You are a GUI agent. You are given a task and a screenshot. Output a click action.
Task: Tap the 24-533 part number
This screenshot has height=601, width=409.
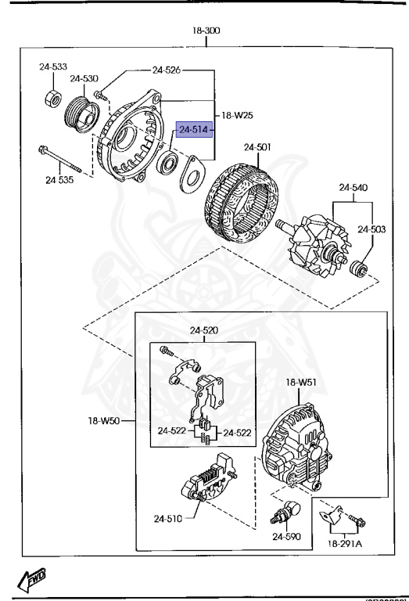coord(53,67)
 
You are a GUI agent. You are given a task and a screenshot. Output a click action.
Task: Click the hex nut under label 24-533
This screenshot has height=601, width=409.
coord(52,100)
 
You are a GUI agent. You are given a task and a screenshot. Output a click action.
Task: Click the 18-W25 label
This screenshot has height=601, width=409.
coord(236,115)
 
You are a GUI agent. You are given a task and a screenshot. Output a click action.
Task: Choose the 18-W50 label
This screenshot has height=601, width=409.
coord(104,421)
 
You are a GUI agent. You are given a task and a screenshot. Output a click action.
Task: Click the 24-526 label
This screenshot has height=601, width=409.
coord(167,70)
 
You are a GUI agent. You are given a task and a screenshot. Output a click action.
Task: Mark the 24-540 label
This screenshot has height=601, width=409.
coord(353,187)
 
